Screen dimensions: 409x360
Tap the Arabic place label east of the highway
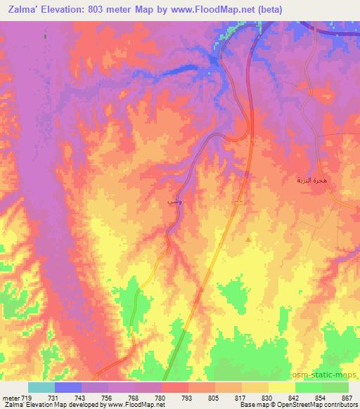click(309, 181)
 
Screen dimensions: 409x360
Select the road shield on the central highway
click(240, 202)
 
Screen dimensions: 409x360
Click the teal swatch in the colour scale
click(41, 387)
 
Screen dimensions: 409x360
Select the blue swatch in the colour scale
click(68, 387)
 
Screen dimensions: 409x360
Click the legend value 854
click(321, 397)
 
